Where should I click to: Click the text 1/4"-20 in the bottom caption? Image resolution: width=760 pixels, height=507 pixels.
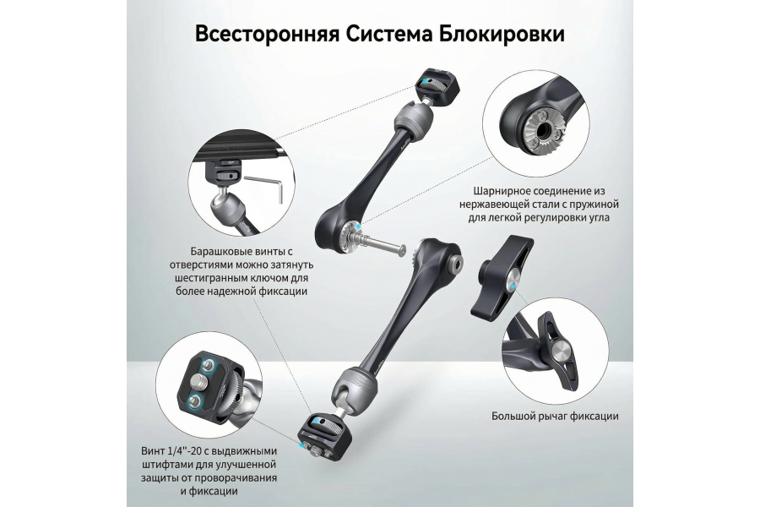click(190, 450)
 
